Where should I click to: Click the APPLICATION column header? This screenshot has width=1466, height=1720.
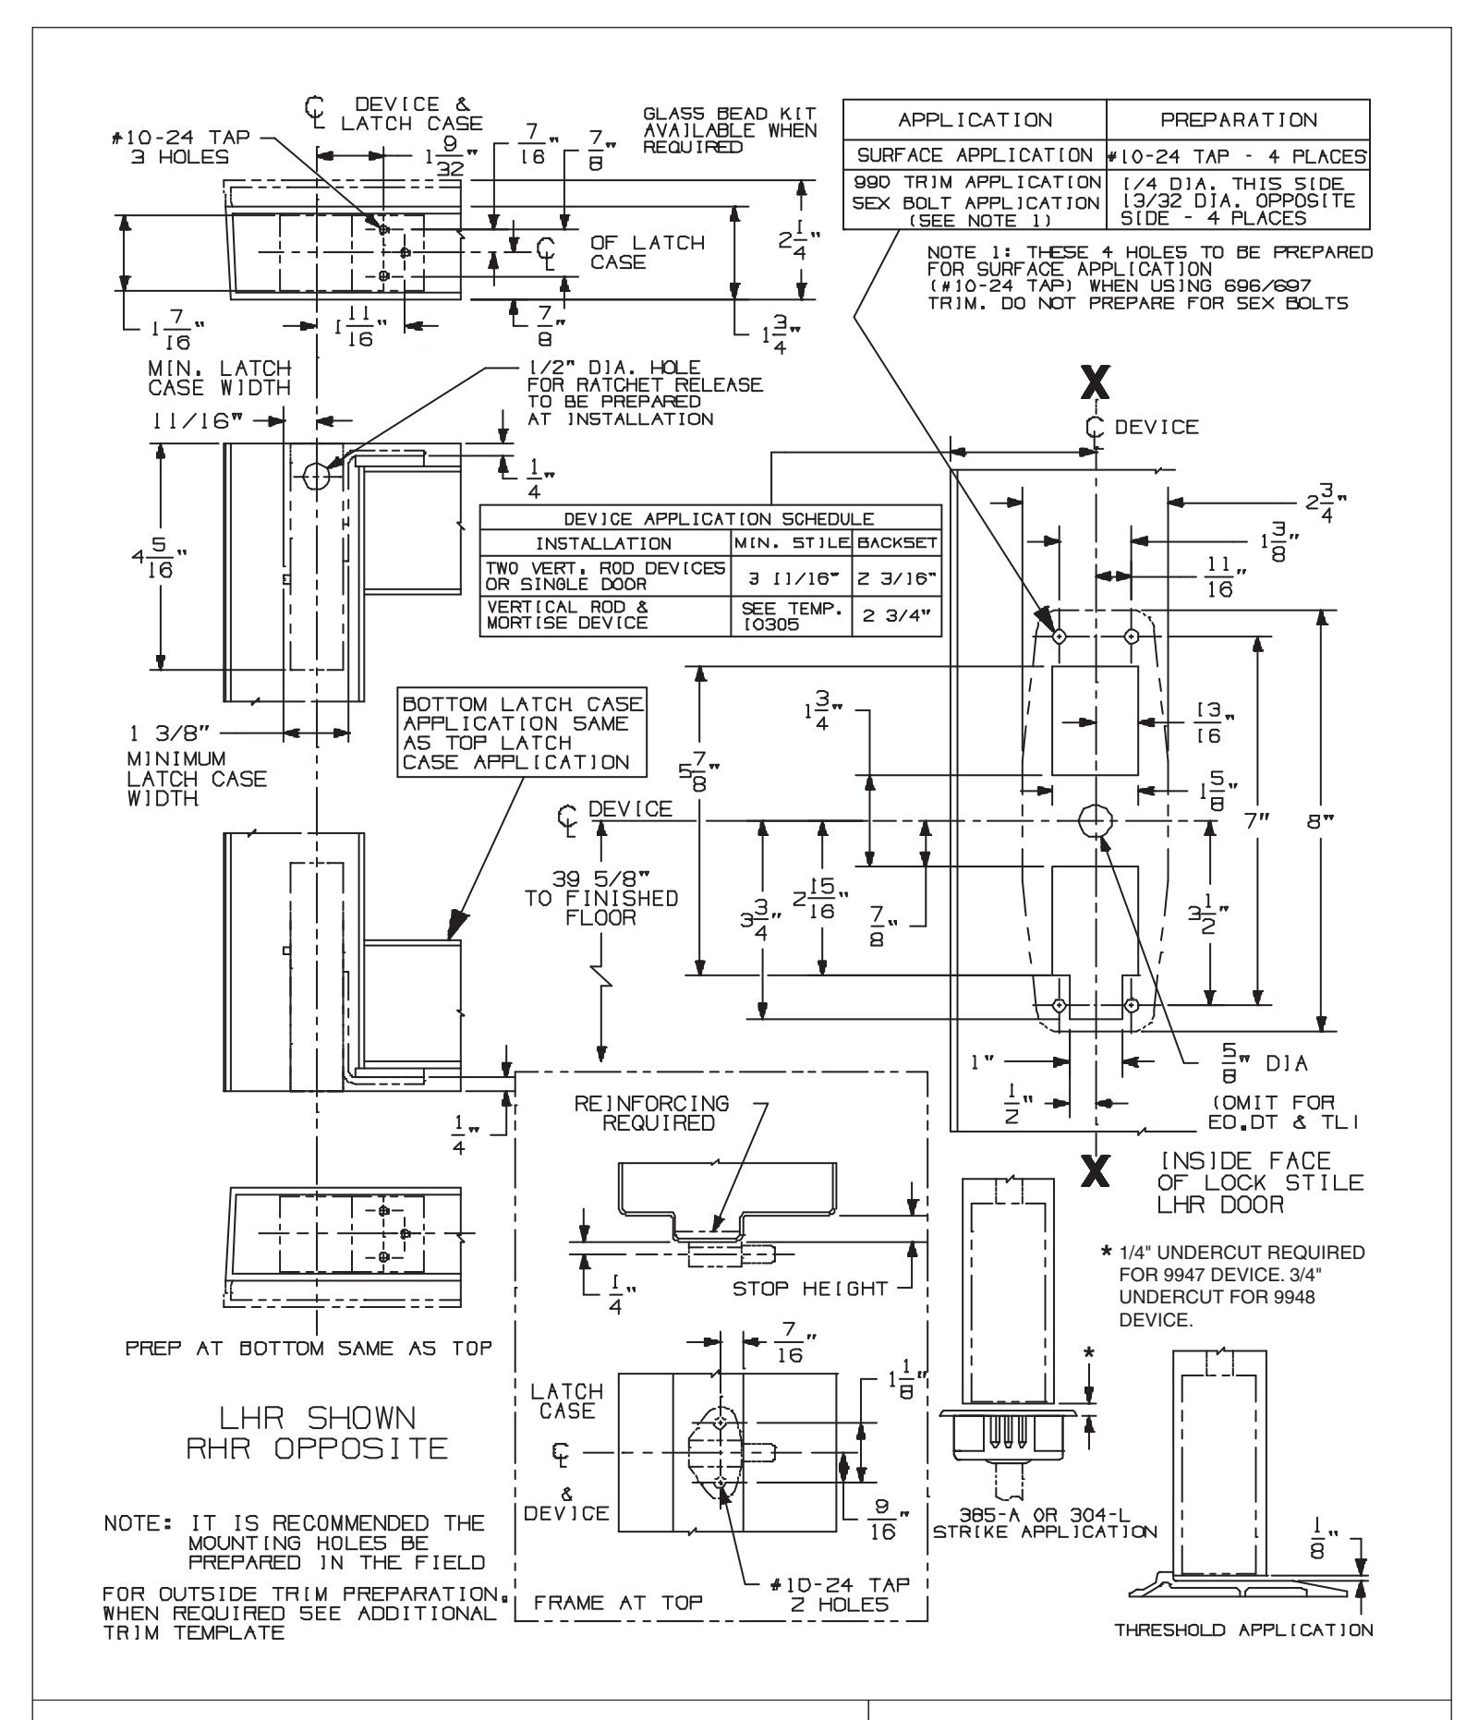[x=974, y=120]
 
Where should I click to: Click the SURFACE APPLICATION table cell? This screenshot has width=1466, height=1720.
[x=974, y=155]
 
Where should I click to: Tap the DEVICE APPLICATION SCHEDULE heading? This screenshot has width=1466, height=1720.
[x=710, y=519]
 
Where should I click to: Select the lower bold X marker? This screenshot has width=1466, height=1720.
[x=1096, y=1171]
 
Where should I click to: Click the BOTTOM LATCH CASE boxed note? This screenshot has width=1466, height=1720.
[x=523, y=733]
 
